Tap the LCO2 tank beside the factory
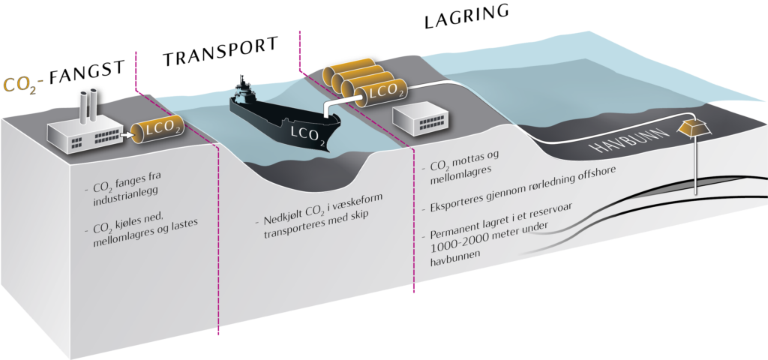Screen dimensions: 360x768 pos(158,132)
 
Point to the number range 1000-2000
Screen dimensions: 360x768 pos(466,246)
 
